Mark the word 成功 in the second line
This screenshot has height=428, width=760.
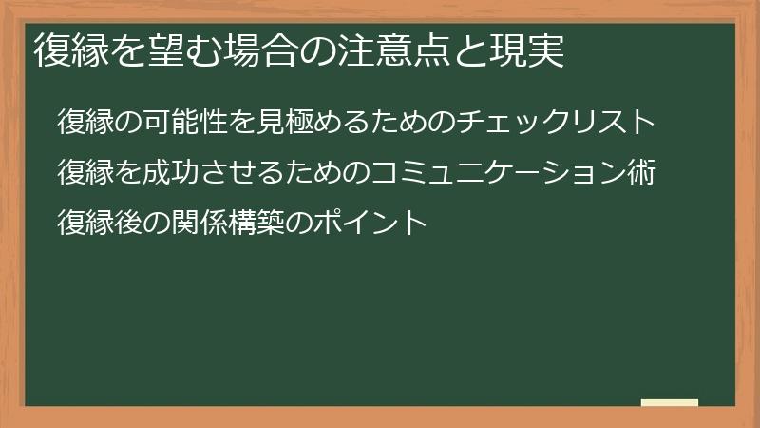[177, 173]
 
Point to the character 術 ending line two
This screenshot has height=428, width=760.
[642, 173]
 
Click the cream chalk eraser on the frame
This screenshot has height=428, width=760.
[670, 402]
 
